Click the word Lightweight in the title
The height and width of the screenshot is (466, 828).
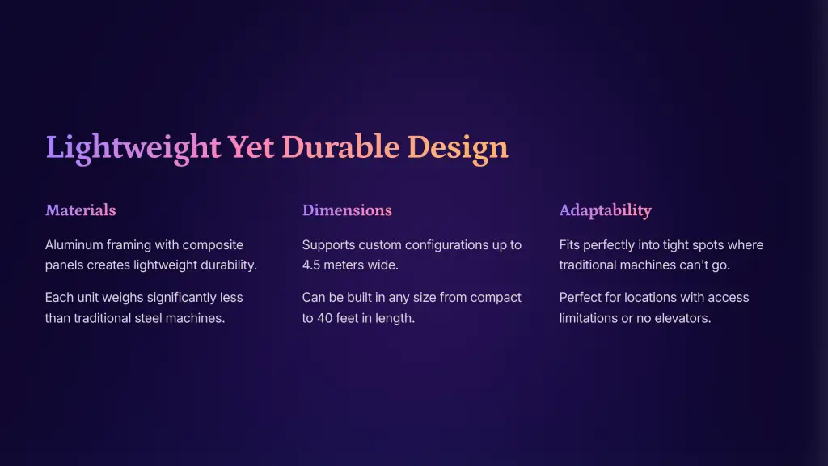133,147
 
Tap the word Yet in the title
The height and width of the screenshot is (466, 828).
251,146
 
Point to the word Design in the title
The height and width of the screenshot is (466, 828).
458,147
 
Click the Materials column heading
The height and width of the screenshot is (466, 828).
80,210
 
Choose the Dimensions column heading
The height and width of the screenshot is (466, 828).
347,210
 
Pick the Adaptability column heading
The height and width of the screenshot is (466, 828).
605,211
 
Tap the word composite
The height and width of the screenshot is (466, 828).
213,246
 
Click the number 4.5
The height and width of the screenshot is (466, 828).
311,265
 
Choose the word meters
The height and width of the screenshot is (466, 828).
343,265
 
